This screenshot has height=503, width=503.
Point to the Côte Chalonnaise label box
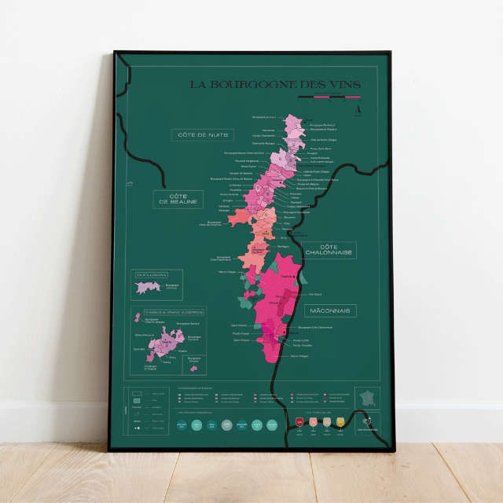point(329,250)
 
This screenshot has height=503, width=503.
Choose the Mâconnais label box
point(330,310)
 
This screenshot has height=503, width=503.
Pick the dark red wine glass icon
point(299,423)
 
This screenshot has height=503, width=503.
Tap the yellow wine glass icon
point(340,423)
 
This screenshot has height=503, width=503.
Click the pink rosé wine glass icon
point(313,423)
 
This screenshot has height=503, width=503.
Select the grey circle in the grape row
point(226,424)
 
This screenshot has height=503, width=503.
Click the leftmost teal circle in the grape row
point(181,424)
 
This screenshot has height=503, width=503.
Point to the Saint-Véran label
point(240,340)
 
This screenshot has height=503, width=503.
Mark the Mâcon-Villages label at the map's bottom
point(299,356)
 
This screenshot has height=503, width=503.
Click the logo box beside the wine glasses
point(367,423)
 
